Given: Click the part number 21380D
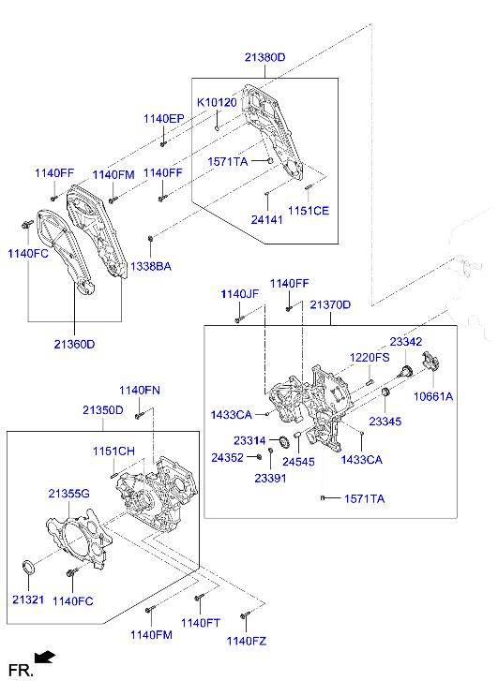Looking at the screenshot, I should pos(265,57).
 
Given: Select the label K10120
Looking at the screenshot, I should pos(216,102).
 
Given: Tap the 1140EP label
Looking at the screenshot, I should pos(163,119).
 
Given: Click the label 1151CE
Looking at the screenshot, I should pos(309,211).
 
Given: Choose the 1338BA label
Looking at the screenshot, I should pos(150,267).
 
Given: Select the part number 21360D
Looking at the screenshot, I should pos(74,344).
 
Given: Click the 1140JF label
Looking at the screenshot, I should pos(239,294).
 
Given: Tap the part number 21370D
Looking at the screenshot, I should pos(330,305).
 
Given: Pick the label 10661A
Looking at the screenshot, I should pos(434,396).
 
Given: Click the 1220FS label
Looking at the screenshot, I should pos(370,358).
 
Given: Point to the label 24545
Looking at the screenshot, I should pos(298,462).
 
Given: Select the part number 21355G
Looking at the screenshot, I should pos(68,493).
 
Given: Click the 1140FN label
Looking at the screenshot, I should pos(139,390).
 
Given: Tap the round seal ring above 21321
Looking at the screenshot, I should pos(29,567).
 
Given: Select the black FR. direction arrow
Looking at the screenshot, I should pos(44,658).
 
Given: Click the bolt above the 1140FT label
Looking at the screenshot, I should pos(198,598).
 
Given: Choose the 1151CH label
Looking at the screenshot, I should pos(113,452).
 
